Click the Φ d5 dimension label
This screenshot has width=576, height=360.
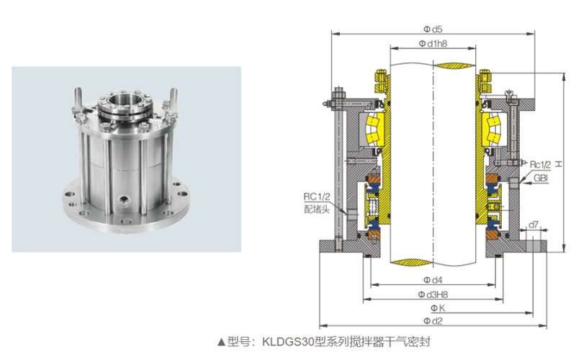pos(433,29)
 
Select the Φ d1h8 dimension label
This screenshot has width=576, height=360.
pos(433,44)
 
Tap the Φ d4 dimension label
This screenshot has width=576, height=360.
pos(433,280)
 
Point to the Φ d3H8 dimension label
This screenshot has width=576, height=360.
pos(433,294)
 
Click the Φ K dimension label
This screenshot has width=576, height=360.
pos(438,308)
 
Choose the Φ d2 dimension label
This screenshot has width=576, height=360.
pos(433,321)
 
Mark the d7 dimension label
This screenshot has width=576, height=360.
pos(534,224)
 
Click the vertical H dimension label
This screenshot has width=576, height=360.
pos(559,164)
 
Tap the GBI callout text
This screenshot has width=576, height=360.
pos(541,178)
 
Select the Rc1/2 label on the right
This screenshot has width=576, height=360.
pos(541,165)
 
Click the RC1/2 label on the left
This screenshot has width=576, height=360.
pos(317,197)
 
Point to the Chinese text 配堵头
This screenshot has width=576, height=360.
pos(317,210)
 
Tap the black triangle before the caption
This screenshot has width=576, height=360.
pos(221,343)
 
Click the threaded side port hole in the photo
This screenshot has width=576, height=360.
pos(122,200)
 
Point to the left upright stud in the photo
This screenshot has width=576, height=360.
pos(78,100)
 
